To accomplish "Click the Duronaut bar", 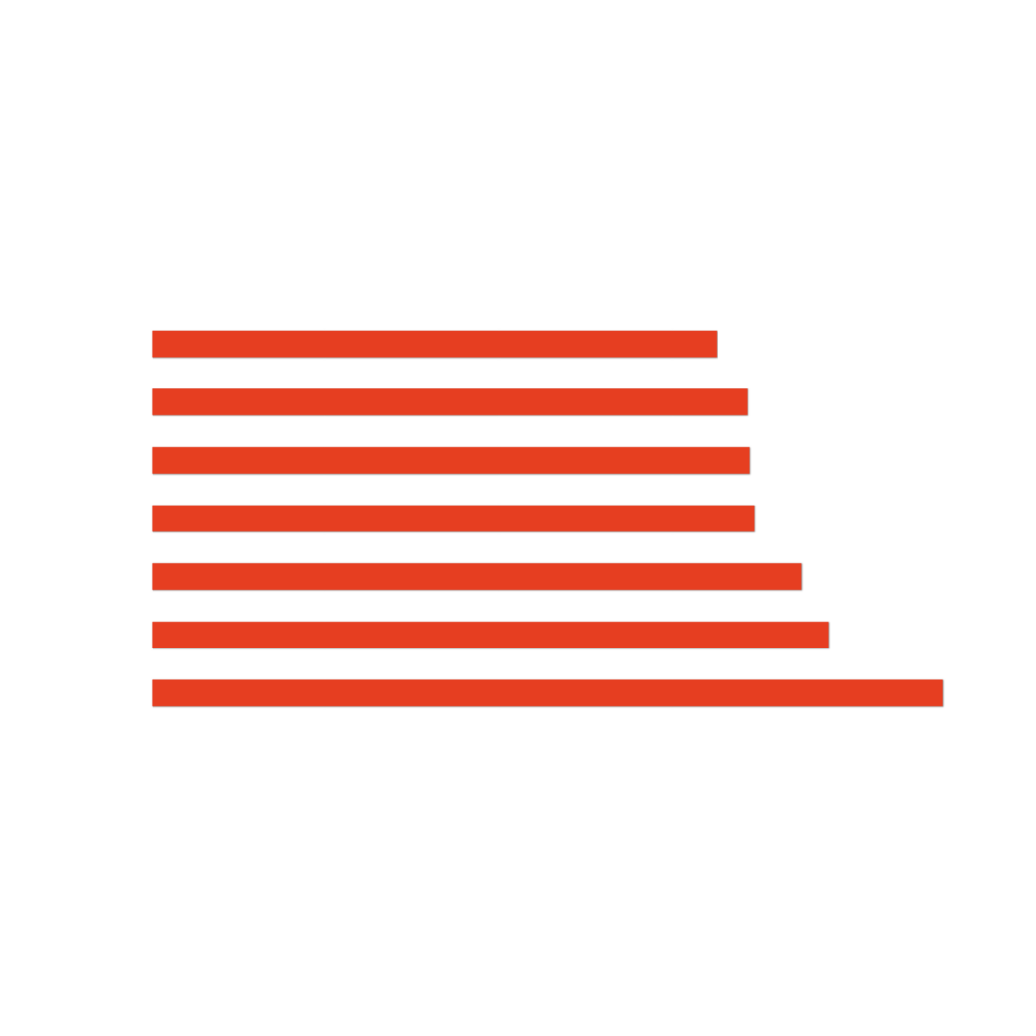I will [434, 344].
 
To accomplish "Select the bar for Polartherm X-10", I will [449, 403].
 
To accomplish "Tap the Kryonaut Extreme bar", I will [450, 460].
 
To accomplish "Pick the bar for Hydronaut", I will [476, 577].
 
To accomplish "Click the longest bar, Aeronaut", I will [547, 693].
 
